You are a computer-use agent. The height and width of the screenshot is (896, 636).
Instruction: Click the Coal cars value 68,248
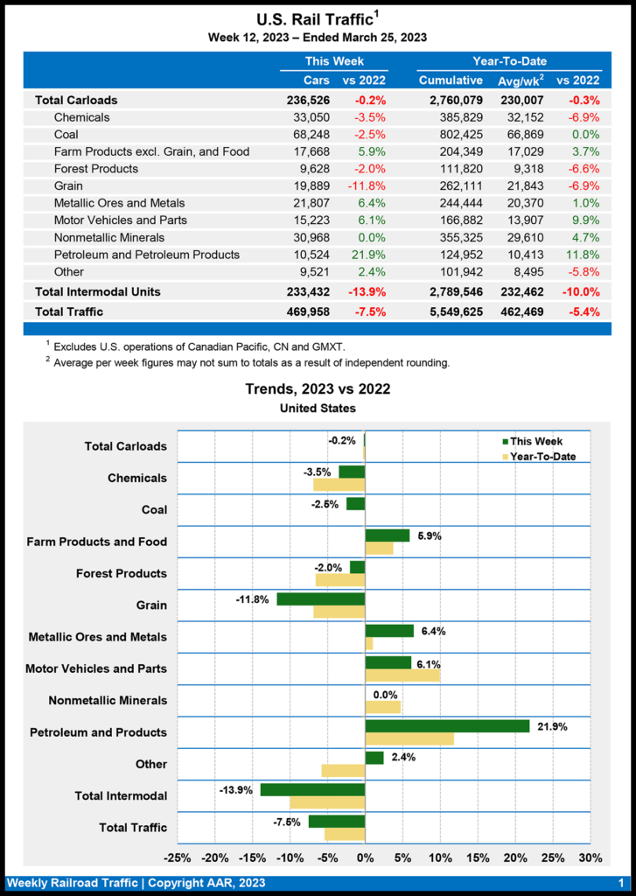click(305, 135)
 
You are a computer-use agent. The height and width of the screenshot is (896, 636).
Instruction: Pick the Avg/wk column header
click(522, 80)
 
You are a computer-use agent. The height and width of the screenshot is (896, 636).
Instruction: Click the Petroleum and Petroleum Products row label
click(146, 255)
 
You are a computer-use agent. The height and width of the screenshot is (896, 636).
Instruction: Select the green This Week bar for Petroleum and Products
click(447, 725)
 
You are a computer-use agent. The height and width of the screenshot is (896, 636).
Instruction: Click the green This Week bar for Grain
click(320, 598)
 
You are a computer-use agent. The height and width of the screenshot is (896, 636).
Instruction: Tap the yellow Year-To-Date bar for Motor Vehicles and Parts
click(402, 675)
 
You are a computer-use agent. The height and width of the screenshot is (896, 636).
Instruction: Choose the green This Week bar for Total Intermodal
click(312, 789)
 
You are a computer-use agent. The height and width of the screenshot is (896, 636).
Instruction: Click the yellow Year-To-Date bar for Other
click(343, 771)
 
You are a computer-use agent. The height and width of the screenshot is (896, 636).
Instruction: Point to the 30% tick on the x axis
click(591, 857)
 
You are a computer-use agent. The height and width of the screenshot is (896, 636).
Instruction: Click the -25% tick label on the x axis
click(178, 857)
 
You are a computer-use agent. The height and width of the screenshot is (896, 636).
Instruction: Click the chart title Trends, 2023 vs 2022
click(318, 389)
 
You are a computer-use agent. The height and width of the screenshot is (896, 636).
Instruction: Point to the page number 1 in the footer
click(620, 884)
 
